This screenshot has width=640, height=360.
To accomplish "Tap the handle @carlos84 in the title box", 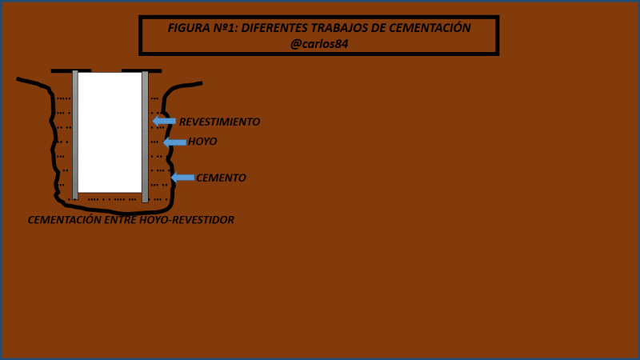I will (319, 44).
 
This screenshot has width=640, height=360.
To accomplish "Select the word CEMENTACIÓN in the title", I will (430, 28).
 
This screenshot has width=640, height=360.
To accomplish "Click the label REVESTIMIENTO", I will (219, 122).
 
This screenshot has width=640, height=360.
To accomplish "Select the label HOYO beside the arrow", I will (202, 142).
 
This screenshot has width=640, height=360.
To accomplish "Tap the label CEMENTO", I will (221, 178).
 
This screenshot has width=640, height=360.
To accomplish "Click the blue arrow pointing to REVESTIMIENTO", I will (164, 121).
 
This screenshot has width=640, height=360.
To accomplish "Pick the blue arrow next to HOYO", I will (174, 142).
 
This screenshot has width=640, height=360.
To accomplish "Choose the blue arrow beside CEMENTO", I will (182, 177).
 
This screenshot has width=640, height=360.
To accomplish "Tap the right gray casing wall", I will (145, 136).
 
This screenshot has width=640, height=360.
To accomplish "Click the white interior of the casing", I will (110, 132).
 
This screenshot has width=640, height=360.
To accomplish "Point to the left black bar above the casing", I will (70, 70).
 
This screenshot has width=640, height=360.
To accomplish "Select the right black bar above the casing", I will (142, 70).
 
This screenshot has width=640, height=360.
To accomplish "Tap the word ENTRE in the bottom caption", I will (120, 219).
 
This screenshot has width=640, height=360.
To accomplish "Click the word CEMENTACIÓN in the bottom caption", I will (64, 219).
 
